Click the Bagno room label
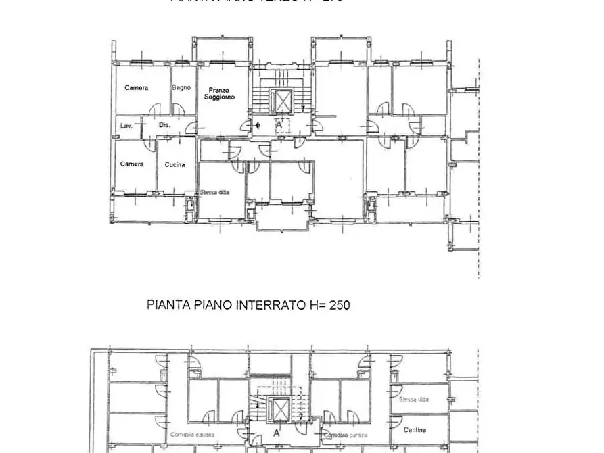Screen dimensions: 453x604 tap(181, 87)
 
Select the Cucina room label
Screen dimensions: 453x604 tap(175, 164)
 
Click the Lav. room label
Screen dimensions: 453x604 tap(126, 126)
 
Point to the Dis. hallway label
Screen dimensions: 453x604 tap(164, 125)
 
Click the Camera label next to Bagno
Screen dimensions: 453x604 tap(136, 88)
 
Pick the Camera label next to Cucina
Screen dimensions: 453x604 tap(132, 164)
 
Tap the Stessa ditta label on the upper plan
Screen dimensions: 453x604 tap(214, 193)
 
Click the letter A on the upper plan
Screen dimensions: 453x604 tap(279, 125)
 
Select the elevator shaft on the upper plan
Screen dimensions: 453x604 tap(280, 102)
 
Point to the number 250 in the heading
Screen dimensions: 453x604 tap(340, 306)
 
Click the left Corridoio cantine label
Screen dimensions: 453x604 tap(193, 435)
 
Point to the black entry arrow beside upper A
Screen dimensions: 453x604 tap(258, 125)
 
